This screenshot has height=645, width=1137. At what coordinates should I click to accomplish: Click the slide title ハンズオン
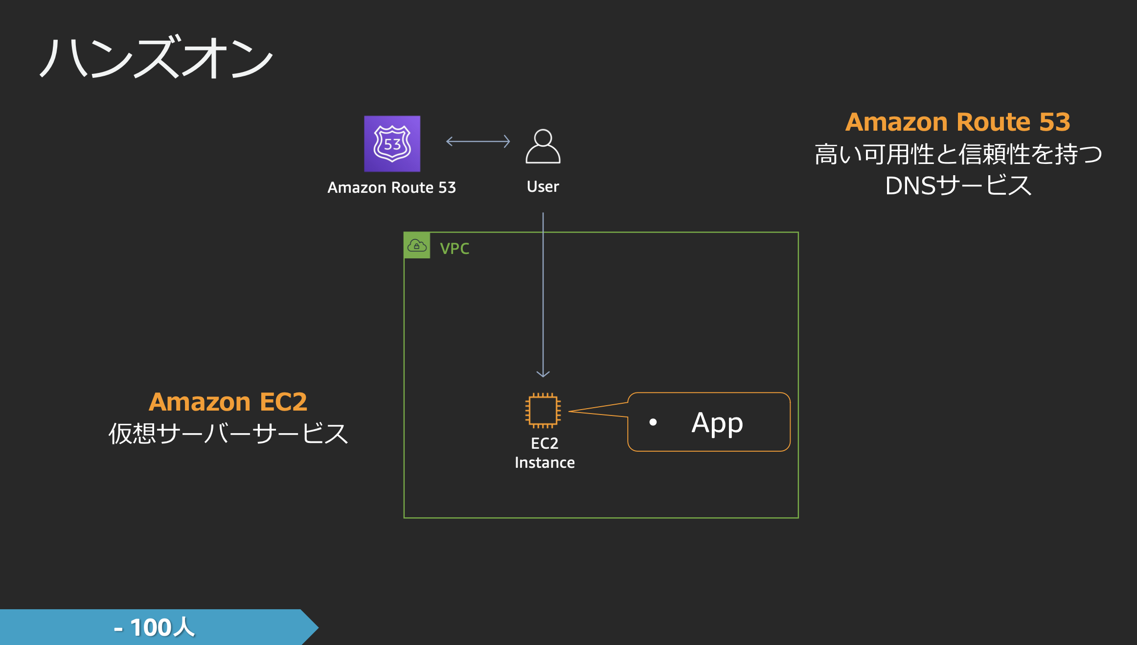[x=156, y=58]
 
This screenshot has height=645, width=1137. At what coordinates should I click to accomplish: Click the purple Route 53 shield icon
[x=392, y=144]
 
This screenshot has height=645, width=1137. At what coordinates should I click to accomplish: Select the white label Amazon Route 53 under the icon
[x=391, y=187]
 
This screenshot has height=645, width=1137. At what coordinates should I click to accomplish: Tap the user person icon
[x=543, y=146]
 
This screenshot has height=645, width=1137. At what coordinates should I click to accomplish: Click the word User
[x=543, y=186]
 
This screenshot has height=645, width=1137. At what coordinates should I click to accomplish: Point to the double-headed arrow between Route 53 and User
[x=478, y=141]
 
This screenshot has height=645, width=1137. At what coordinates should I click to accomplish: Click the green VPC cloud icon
[x=417, y=245]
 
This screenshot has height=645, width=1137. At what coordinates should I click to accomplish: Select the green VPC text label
[x=454, y=249]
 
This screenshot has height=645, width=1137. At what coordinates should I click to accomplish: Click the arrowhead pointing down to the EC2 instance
[x=543, y=374]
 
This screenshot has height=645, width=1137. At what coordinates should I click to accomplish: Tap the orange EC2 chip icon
[x=543, y=410]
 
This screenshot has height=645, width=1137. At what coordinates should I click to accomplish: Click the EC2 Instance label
[x=545, y=453]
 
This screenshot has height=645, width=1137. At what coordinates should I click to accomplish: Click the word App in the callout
[x=717, y=423]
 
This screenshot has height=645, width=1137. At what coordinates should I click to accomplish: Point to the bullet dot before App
[x=653, y=422]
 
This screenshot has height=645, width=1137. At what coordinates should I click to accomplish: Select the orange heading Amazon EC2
[x=228, y=402]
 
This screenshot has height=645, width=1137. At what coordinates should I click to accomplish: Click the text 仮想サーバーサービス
[x=228, y=434]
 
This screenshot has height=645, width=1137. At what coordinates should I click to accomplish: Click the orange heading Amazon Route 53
[x=957, y=122]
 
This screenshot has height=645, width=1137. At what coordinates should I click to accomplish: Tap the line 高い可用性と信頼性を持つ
[x=957, y=154]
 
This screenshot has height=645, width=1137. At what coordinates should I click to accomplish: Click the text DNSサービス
[x=957, y=186]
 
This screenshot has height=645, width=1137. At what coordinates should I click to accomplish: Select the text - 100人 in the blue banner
[x=154, y=627]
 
